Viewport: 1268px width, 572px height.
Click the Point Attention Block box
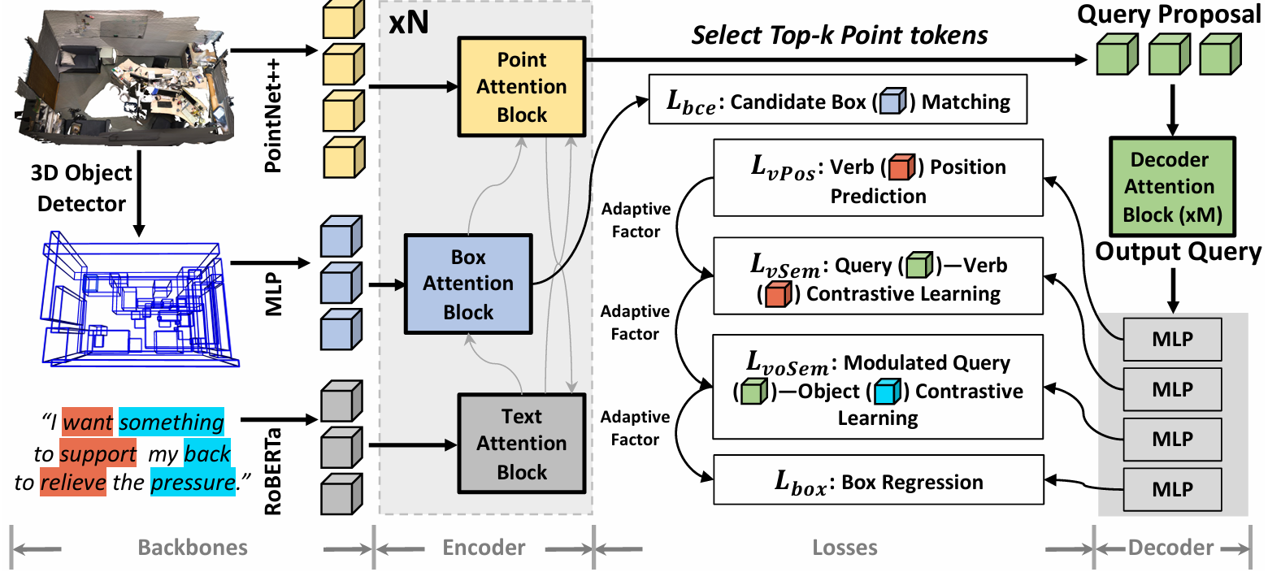pos(521,87)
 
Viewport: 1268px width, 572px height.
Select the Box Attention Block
pos(468,284)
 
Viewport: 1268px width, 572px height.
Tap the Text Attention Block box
pos(521,444)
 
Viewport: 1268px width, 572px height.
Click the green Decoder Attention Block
pos(1172,187)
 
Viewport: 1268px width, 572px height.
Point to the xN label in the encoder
pos(409,23)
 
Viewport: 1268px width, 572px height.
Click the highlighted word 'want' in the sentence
pos(88,422)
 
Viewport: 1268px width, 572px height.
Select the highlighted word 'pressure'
pos(193,482)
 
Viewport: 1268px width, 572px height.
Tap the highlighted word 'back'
pos(207,453)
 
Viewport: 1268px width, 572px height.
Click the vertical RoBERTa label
pos(273,472)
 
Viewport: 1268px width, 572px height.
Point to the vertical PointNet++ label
pos(273,115)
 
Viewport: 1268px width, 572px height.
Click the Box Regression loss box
pos(879,479)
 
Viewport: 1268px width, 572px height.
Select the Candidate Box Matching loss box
pos(838,99)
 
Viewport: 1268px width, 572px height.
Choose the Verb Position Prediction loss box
pos(879,178)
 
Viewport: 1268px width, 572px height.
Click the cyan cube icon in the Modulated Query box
pos(887,391)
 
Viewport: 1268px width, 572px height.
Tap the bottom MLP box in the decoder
pos(1172,489)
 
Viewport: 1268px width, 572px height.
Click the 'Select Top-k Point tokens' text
pos(840,35)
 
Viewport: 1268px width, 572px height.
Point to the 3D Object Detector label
pos(81,188)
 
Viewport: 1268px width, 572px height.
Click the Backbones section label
pos(193,548)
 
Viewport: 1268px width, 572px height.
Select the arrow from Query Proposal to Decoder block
pos(1172,110)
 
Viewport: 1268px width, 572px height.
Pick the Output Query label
pos(1179,251)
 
